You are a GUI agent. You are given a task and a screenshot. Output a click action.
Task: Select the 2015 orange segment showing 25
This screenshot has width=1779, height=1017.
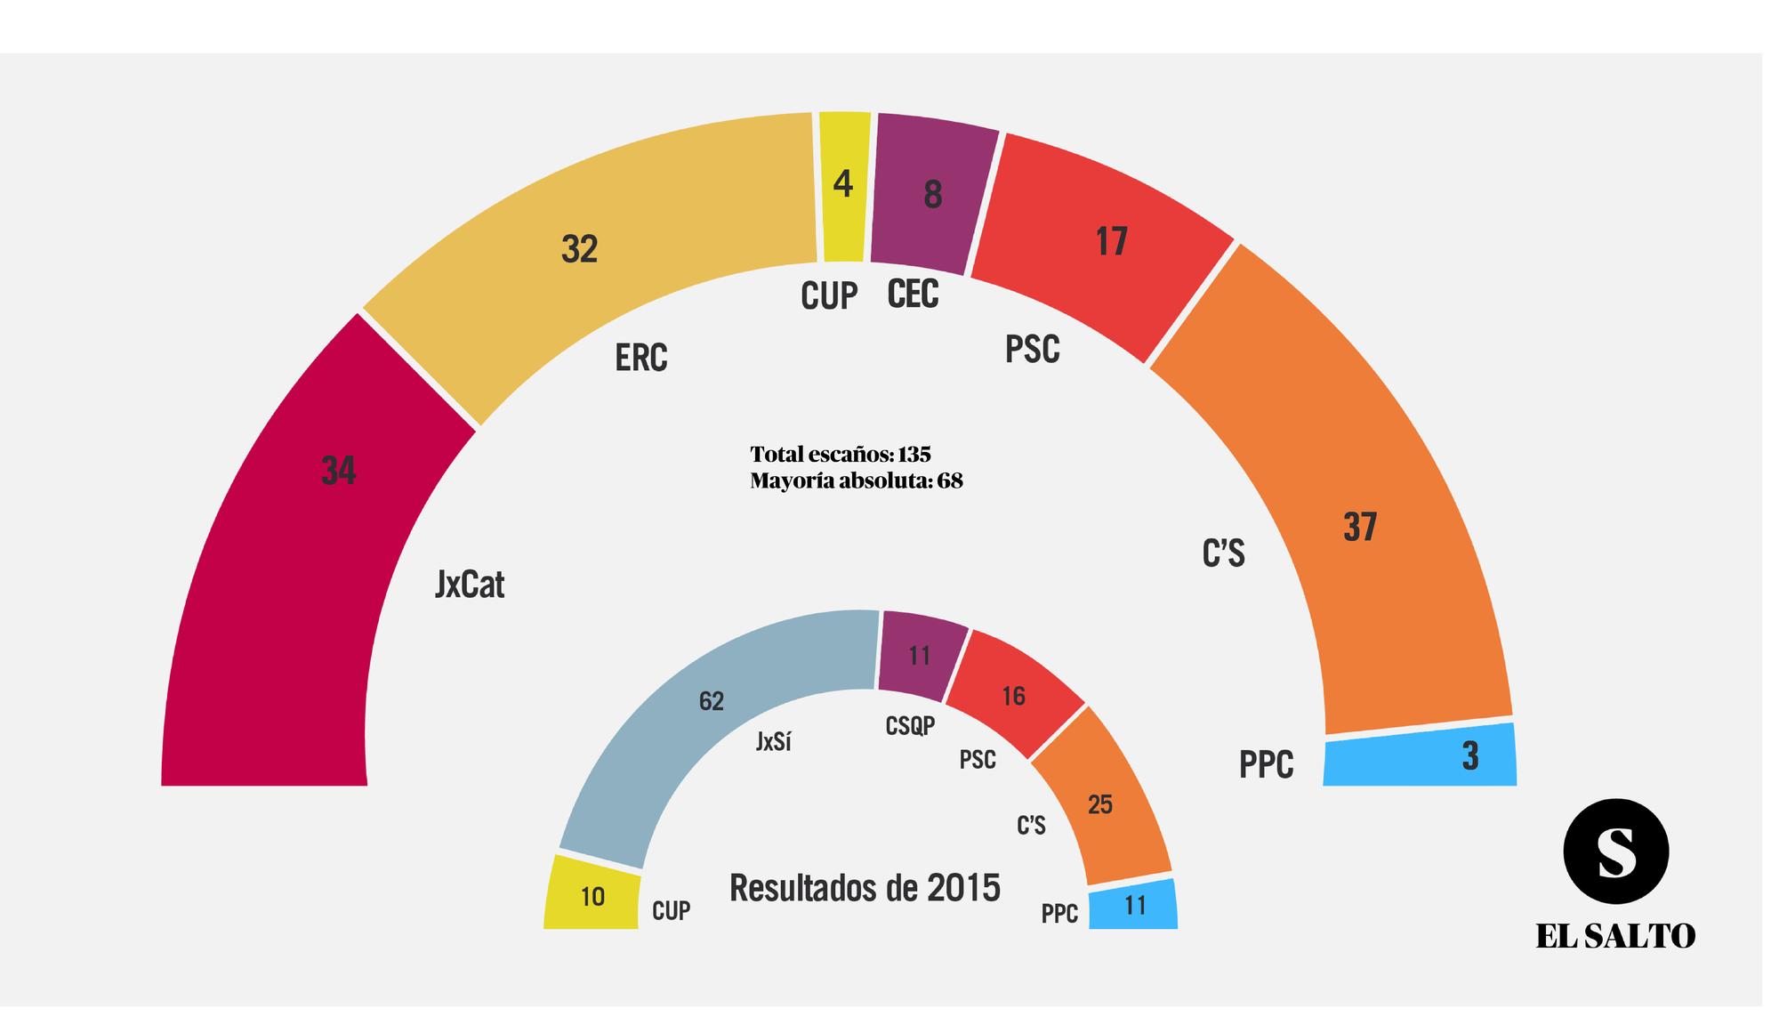click(x=1103, y=801)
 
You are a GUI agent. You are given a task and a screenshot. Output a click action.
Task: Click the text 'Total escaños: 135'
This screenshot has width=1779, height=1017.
click(x=840, y=455)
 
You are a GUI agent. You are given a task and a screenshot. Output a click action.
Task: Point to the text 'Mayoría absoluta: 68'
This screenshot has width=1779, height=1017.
click(x=856, y=481)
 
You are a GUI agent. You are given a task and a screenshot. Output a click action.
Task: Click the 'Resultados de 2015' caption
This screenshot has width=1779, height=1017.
click(x=865, y=888)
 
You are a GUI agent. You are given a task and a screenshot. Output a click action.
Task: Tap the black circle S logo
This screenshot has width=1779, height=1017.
click(x=1615, y=852)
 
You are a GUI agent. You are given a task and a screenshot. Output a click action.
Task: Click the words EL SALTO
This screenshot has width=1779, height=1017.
click(x=1615, y=936)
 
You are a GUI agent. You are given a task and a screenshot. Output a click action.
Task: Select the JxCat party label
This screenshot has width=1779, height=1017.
click(x=470, y=585)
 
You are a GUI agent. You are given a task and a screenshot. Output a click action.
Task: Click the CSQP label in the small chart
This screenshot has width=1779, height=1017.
click(x=910, y=726)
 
